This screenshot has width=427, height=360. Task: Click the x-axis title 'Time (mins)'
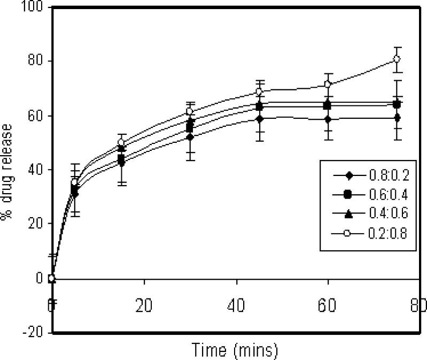(x=235, y=350)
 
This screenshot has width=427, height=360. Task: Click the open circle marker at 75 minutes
(x=397, y=59)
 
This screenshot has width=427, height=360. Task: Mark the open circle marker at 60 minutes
(x=328, y=85)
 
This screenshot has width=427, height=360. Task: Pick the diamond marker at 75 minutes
(x=397, y=118)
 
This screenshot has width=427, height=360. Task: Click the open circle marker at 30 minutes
(x=189, y=111)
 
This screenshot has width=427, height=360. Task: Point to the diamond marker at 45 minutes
(x=259, y=119)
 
